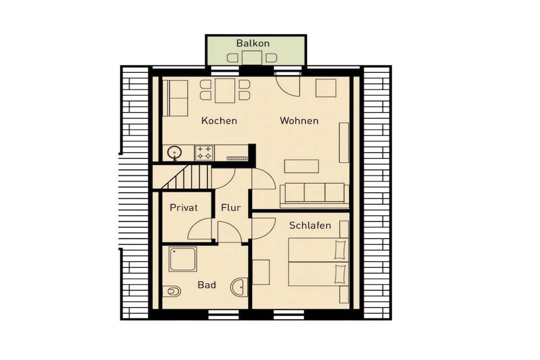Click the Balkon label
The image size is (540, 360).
pyautogui.click(x=253, y=43)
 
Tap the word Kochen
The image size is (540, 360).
pyautogui.click(x=219, y=121)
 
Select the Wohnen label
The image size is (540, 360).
pyautogui.click(x=299, y=121)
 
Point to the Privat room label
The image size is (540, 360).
pyautogui.click(x=184, y=208)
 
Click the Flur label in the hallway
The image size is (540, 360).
pyautogui.click(x=231, y=208)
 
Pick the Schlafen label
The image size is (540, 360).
pyautogui.click(x=310, y=226)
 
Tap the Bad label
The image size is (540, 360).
pyautogui.click(x=207, y=285)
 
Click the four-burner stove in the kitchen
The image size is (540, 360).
pyautogui.click(x=204, y=153)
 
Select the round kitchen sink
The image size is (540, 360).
pyautogui.click(x=175, y=152)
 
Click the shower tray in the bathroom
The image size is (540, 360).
pyautogui.click(x=182, y=259)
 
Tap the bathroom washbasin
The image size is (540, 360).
pyautogui.click(x=239, y=287)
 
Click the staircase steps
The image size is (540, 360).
pyautogui.click(x=186, y=177)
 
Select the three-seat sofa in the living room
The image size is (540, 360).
pyautogui.click(x=314, y=195)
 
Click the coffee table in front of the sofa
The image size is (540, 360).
pyautogui.click(x=301, y=166)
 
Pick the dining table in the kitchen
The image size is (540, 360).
pyautogui.click(x=225, y=91)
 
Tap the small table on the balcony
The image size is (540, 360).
pyautogui.click(x=252, y=57)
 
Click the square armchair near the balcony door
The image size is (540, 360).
pyautogui.click(x=326, y=88)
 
